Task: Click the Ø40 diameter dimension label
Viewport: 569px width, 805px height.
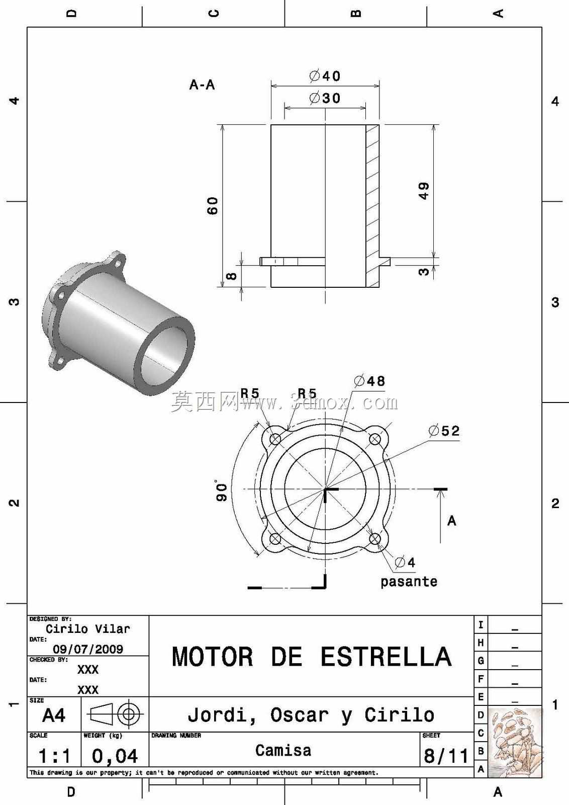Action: tap(325, 76)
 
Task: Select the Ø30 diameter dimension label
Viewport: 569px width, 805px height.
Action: tap(325, 98)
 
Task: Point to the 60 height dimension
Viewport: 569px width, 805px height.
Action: tap(213, 206)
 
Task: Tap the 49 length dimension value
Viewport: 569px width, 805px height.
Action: tap(424, 191)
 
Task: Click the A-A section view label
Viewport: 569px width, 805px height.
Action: tap(202, 85)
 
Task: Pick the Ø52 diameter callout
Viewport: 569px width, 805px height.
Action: tap(444, 431)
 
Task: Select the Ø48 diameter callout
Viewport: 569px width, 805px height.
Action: tap(369, 381)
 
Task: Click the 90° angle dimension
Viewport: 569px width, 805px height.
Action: tap(222, 491)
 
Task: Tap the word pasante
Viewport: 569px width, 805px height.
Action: tap(409, 581)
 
